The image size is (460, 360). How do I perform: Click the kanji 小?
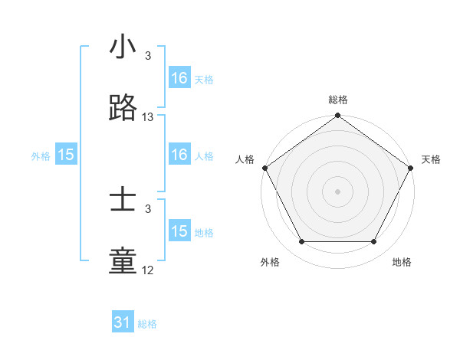pyautogui.click(x=123, y=47)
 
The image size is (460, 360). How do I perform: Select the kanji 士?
pyautogui.click(x=123, y=201)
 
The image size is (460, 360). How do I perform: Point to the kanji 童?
pyautogui.click(x=123, y=261)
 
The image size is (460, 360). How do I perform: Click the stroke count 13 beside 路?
pyautogui.click(x=148, y=117)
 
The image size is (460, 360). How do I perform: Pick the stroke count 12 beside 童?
pyautogui.click(x=148, y=270)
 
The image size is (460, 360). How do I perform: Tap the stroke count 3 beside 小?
pyautogui.click(x=148, y=56)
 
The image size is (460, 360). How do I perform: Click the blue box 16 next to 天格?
pyautogui.click(x=179, y=78)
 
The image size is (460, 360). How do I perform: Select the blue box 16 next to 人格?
pyautogui.click(x=179, y=155)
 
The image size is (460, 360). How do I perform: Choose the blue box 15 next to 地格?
pyautogui.click(x=179, y=231)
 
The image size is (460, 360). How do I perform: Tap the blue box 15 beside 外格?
pyautogui.click(x=66, y=155)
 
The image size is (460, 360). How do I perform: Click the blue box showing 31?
pyautogui.click(x=123, y=322)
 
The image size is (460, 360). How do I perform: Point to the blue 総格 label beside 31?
pyautogui.click(x=147, y=324)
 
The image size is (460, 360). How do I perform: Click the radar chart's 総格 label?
pyautogui.click(x=338, y=100)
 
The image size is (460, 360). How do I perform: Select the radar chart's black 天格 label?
pyautogui.click(x=431, y=159)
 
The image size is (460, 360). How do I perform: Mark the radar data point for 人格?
pyautogui.click(x=264, y=168)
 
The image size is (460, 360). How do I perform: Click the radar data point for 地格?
pyautogui.click(x=374, y=242)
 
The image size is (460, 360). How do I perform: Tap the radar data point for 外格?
pyautogui.click(x=301, y=242)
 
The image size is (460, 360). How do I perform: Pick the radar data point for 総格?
pyautogui.click(x=338, y=116)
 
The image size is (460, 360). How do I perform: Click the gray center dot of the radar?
pyautogui.click(x=338, y=191)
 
